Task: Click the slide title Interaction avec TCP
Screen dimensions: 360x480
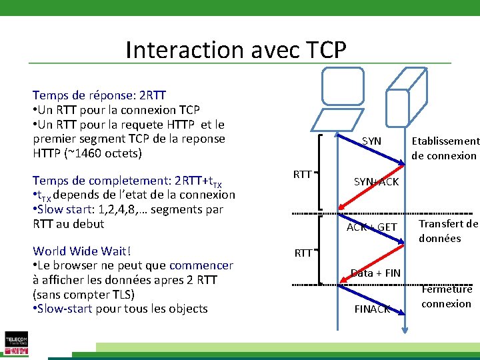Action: click(235, 50)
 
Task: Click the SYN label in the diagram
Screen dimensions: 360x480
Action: click(371, 141)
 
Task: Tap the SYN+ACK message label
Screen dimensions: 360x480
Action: click(376, 182)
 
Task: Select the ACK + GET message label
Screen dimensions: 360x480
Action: click(371, 227)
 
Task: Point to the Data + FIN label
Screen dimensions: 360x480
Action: click(375, 273)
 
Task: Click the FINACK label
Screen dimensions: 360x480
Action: click(372, 309)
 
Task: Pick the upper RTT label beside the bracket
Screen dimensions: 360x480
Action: click(303, 175)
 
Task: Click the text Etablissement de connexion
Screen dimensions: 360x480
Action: click(445, 148)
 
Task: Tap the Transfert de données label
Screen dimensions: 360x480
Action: click(448, 231)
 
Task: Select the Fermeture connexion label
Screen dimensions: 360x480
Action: click(447, 297)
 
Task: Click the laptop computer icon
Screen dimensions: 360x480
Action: click(340, 99)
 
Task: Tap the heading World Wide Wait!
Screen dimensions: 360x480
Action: click(82, 251)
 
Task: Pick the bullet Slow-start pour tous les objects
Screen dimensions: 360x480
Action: click(120, 309)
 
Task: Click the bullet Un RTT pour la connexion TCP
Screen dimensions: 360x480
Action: click(116, 110)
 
